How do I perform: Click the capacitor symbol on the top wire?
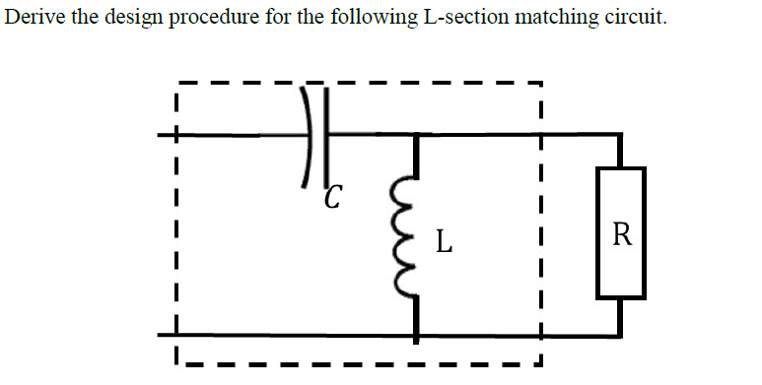click(314, 135)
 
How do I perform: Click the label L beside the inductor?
click(445, 240)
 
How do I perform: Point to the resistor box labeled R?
click(621, 233)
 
